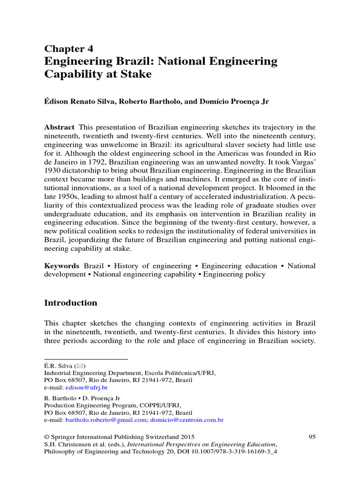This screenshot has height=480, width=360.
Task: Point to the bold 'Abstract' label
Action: pyautogui.click(x=59, y=127)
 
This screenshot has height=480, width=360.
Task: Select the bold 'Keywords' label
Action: pyautogui.click(x=62, y=266)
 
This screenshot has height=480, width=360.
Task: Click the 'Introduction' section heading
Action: pyautogui.click(x=71, y=303)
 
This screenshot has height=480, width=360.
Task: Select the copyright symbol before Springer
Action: pyautogui.click(x=47, y=437)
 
